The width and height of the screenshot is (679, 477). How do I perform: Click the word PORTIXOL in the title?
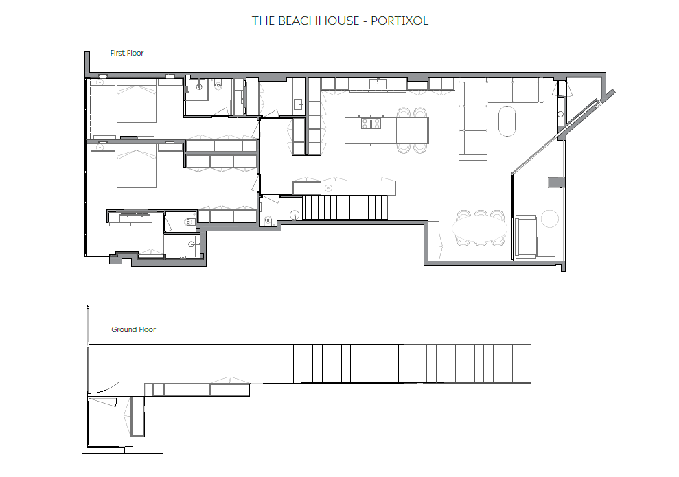tap(400, 21)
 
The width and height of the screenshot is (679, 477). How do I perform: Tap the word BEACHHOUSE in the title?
tap(319, 21)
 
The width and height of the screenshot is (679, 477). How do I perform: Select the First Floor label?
tap(127, 53)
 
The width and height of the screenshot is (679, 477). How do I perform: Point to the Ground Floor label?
tap(133, 329)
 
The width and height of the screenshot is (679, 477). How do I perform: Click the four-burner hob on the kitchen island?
tap(371, 124)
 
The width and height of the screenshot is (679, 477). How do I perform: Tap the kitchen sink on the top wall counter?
tap(378, 84)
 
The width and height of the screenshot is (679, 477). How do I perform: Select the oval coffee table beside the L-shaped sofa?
tap(507, 121)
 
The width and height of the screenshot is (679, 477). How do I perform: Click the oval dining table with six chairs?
tap(479, 228)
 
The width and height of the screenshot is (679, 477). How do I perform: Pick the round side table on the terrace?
tap(550, 218)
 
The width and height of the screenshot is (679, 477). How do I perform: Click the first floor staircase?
tap(345, 207)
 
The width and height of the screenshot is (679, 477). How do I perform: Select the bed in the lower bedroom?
tap(137, 165)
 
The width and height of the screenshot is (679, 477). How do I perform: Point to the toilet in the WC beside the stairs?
tap(268, 221)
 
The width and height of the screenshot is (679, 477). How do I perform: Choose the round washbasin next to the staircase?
tap(295, 215)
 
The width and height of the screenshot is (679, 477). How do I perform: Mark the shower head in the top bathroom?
tap(199, 87)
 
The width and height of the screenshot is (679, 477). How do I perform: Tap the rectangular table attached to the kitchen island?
tap(412, 130)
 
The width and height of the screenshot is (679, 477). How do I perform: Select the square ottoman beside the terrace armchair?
tap(546, 246)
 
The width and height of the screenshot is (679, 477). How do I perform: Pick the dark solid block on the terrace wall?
tap(557, 183)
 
